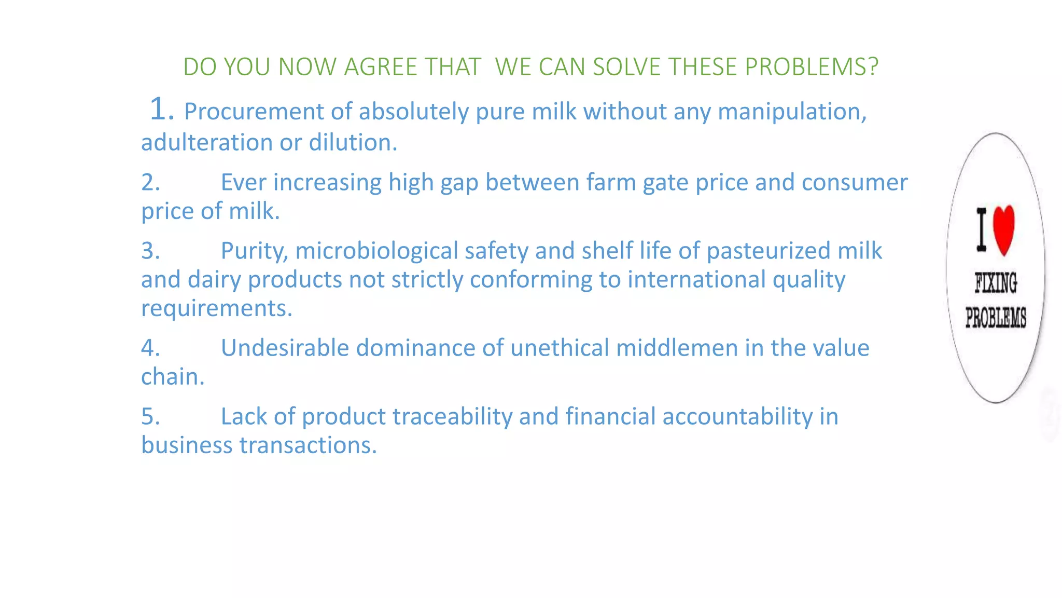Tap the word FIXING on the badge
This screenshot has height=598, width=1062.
(x=996, y=283)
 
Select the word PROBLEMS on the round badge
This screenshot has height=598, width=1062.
(x=996, y=317)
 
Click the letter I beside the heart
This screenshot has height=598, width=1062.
(x=981, y=229)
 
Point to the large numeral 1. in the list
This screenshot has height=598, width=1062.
(x=161, y=110)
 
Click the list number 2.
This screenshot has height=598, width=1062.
(x=150, y=183)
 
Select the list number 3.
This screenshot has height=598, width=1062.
(x=150, y=251)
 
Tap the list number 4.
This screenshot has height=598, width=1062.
(x=150, y=348)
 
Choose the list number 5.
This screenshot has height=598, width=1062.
(x=150, y=416)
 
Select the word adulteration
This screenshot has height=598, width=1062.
(x=207, y=143)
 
